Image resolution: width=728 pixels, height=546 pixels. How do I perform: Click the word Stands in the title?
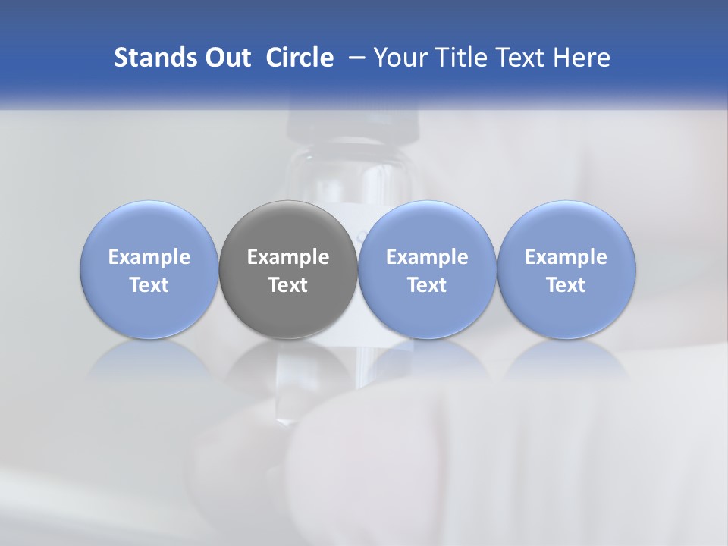click(x=154, y=58)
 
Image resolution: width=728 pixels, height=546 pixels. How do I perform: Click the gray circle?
click(x=288, y=227)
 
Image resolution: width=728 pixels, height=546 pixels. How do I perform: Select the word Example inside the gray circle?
click(x=288, y=258)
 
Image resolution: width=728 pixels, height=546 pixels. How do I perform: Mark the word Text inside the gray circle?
click(x=288, y=285)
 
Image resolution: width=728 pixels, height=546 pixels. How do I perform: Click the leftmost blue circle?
click(x=149, y=227)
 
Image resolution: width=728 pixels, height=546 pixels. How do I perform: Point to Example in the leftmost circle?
click(x=149, y=258)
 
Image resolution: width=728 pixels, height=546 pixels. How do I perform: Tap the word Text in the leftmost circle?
click(x=149, y=285)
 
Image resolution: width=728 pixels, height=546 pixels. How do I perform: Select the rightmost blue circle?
click(x=566, y=227)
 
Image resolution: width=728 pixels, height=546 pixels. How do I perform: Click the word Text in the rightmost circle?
click(x=566, y=285)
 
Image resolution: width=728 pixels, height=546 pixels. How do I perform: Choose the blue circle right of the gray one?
click(x=427, y=227)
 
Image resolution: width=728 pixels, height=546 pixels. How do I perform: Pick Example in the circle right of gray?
click(x=427, y=258)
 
